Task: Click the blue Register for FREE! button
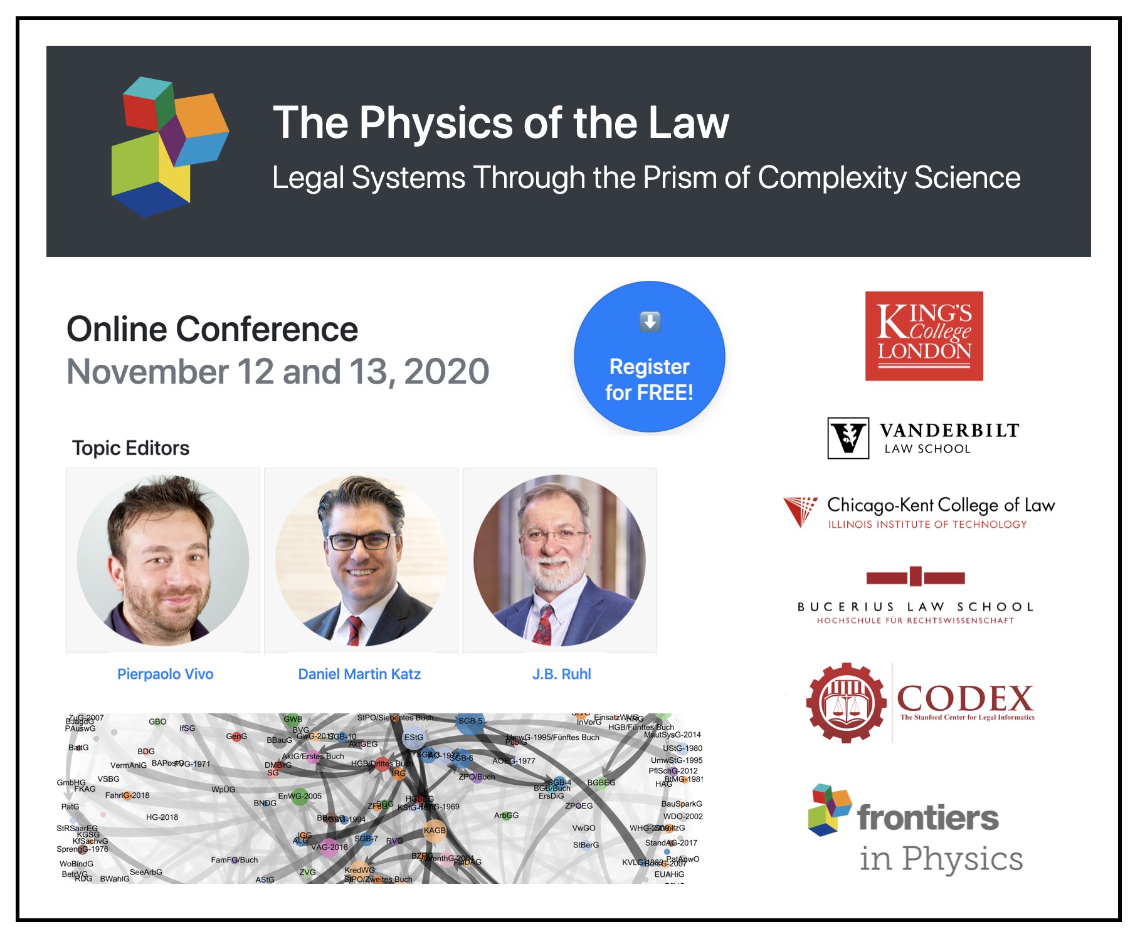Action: coord(649,357)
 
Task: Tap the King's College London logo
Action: coord(924,336)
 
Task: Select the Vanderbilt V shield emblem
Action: coord(848,438)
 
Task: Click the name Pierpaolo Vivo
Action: coord(165,674)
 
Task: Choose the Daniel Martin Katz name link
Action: coord(359,674)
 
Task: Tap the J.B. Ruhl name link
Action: coord(561,674)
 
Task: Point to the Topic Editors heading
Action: coord(130,448)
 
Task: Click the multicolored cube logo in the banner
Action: coord(170,147)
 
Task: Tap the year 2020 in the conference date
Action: coord(446,372)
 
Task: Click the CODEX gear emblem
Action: coord(847,703)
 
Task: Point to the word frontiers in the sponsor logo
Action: coord(927,818)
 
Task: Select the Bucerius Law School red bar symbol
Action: coord(915,577)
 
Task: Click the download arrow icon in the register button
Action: coord(650,322)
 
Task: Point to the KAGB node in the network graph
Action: coord(435,831)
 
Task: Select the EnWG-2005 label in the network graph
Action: coord(300,797)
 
